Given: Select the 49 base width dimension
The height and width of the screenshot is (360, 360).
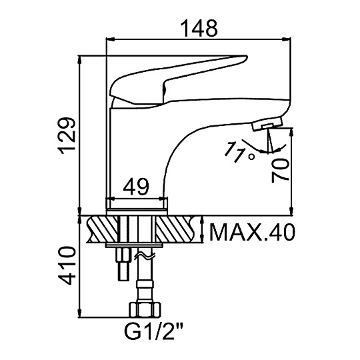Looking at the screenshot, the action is pos(136,187).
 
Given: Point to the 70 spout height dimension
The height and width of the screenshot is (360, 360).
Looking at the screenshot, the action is pos(279,171).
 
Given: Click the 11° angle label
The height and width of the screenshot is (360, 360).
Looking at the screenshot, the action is pos(239,152).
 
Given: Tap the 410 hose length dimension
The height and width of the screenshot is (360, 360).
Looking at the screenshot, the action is pos(67,266).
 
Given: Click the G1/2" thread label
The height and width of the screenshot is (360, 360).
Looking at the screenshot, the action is pos(153,332).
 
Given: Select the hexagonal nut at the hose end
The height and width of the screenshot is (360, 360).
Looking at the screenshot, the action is pos(145,309).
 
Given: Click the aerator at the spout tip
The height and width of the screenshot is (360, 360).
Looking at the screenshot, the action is pos(267,123).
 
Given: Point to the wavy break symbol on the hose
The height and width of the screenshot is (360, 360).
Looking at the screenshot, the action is pos(145,255).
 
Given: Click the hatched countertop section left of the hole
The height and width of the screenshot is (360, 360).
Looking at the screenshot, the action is pos(102,229).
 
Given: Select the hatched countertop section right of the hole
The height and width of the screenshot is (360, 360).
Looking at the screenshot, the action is pos(176,229).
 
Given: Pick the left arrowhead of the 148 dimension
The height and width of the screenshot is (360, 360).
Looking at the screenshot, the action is pos(110,39).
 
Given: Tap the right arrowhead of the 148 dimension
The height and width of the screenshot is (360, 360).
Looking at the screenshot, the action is pos(287,39).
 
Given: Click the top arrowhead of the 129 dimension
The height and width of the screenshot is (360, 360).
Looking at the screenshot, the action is pos(80,60).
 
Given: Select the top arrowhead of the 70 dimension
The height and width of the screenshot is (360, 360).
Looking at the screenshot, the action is pos(291,132).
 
